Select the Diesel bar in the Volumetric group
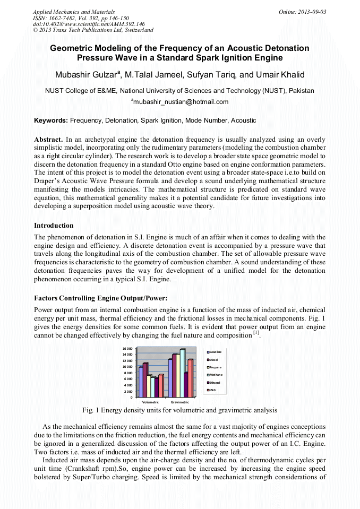pos(145,379)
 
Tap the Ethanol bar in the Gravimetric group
pos(186,384)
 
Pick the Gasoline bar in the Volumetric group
pos(141,382)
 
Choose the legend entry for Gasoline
pos(214,352)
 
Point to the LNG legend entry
pos(212,390)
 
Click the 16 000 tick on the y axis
pos(127,348)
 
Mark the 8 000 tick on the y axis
pos(127,373)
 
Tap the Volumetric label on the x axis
pos(150,402)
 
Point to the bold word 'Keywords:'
pos(51,120)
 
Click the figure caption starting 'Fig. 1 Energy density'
pos(179,410)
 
